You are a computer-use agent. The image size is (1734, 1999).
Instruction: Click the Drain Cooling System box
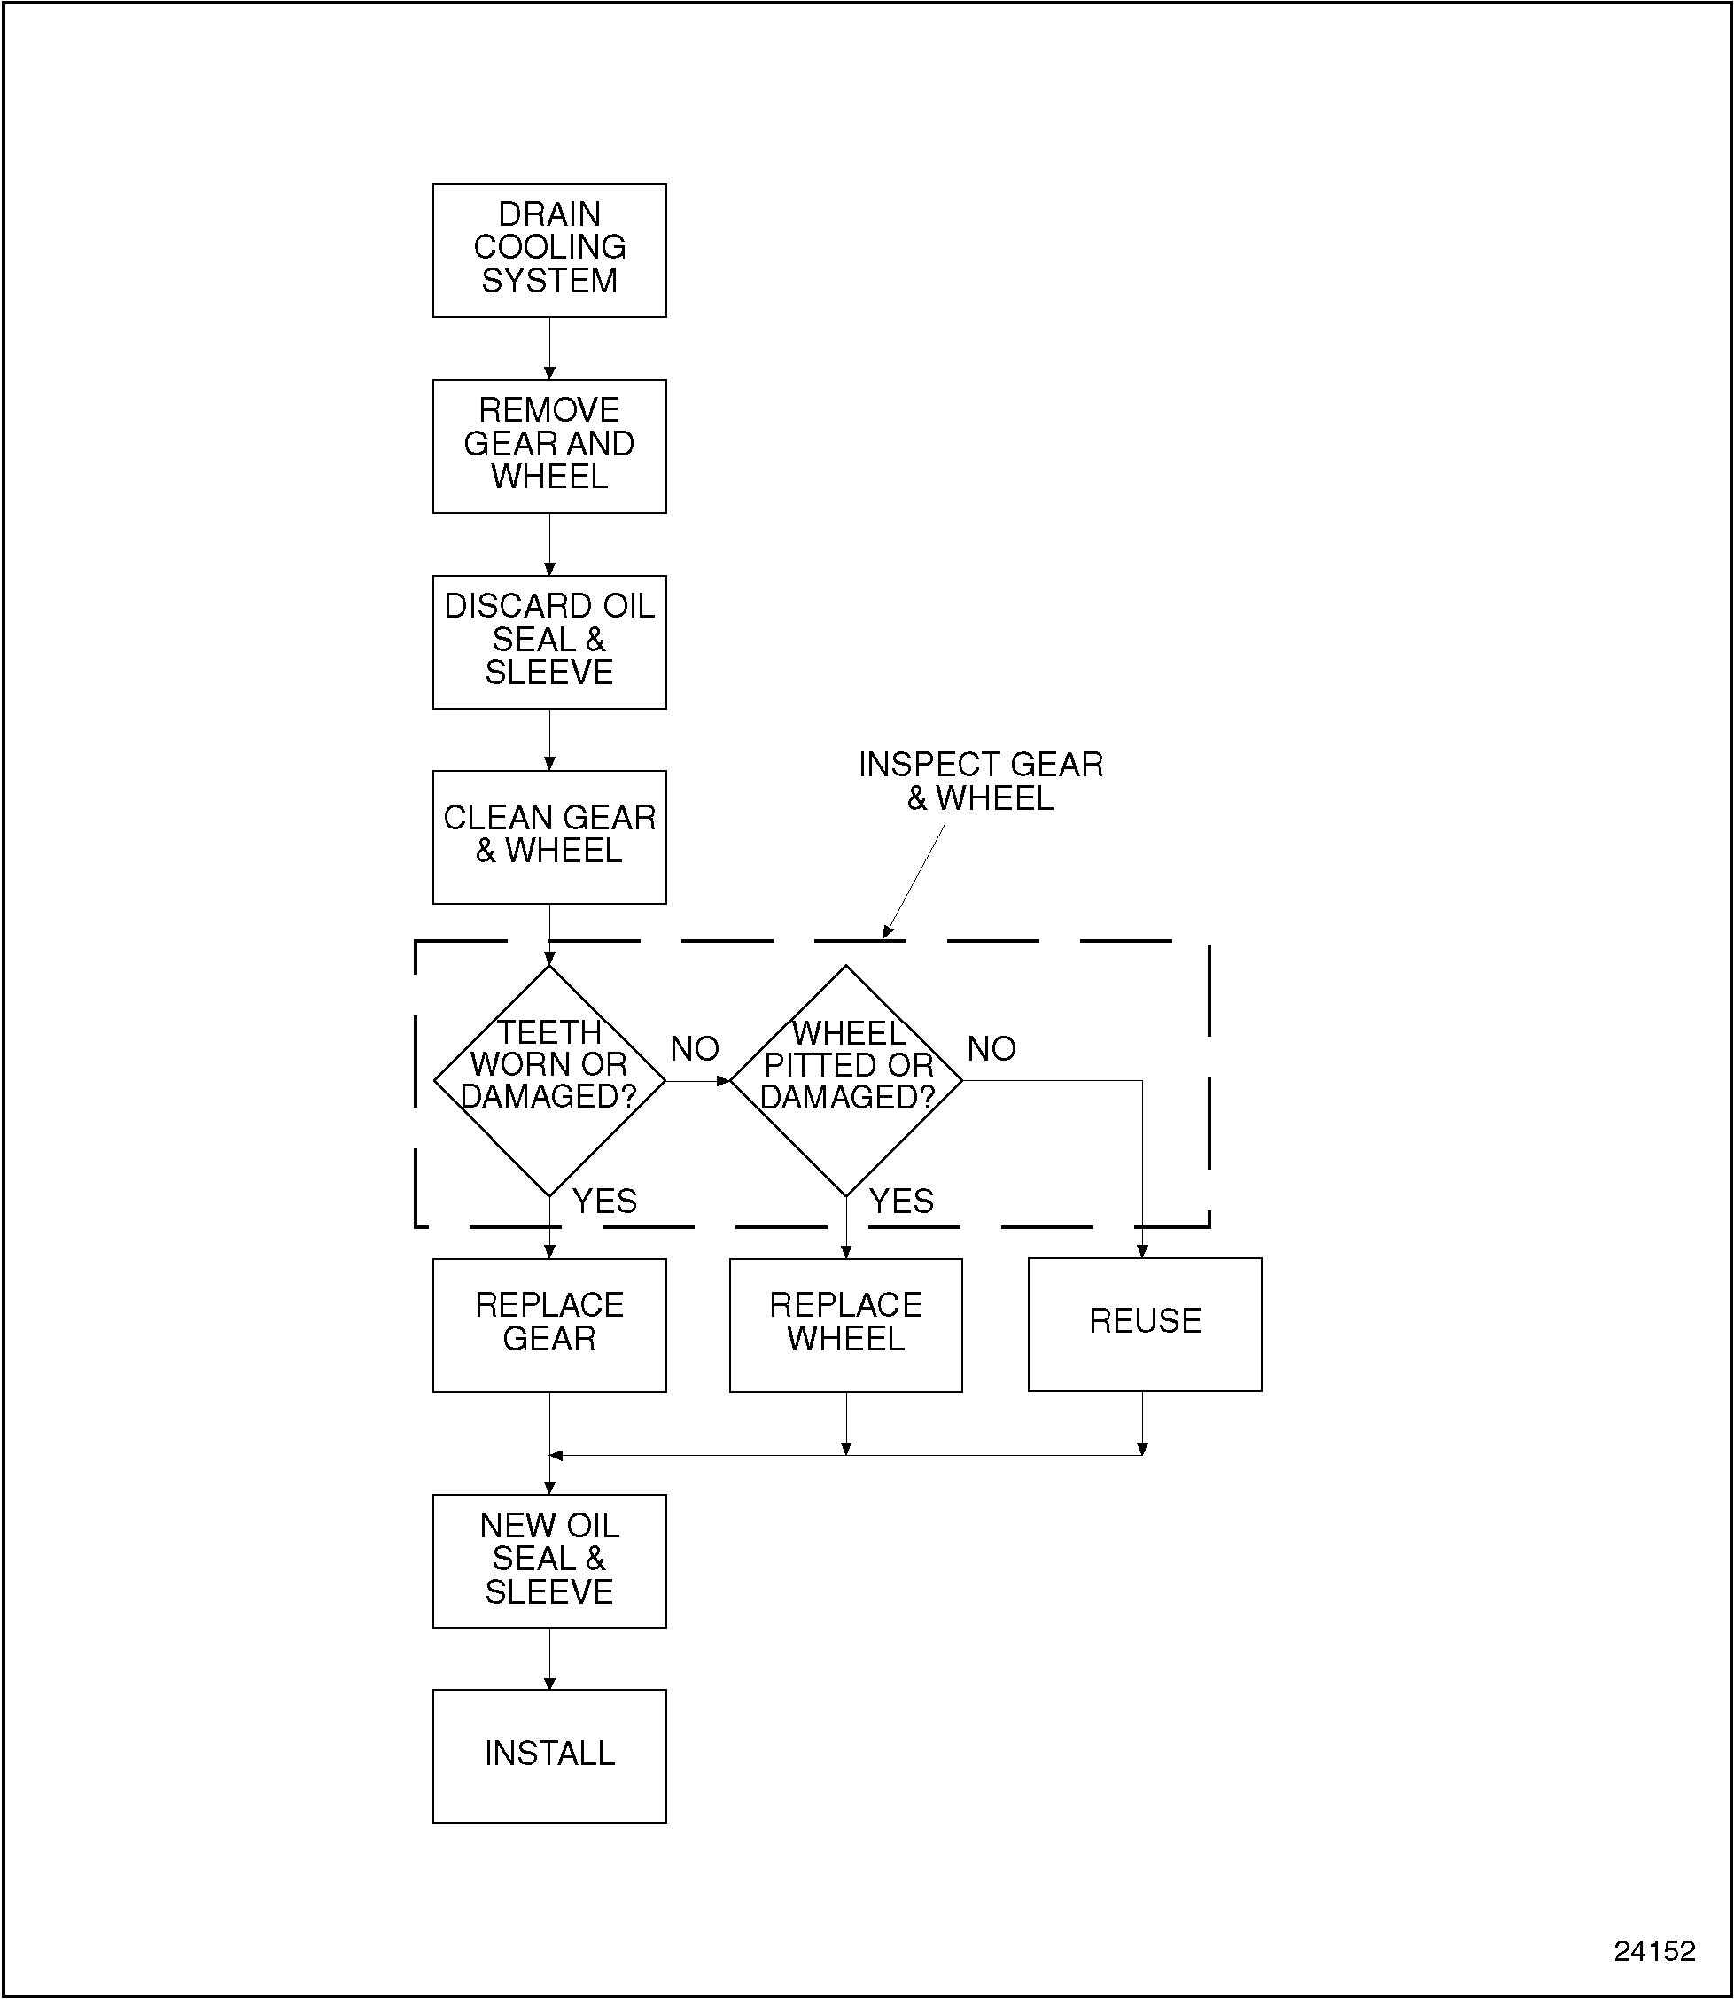[x=548, y=250]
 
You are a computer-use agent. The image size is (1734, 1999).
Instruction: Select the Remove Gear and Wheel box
[x=548, y=445]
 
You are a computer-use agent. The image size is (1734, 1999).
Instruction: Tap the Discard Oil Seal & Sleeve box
[x=548, y=641]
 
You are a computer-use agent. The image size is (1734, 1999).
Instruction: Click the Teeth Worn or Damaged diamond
[x=548, y=1080]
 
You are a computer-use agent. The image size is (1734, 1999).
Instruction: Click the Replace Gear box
[x=548, y=1324]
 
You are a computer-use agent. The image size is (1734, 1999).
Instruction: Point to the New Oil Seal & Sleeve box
[x=548, y=1560]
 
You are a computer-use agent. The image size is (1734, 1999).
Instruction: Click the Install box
[x=548, y=1755]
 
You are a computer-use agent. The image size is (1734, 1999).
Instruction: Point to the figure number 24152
[x=1653, y=1950]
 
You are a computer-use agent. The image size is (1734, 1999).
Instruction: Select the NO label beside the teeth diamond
[x=695, y=1049]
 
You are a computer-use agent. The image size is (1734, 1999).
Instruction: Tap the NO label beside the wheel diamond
[x=991, y=1049]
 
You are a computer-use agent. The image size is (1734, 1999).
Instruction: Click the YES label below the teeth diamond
[x=605, y=1201]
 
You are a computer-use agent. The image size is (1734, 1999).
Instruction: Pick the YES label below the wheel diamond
[x=902, y=1201]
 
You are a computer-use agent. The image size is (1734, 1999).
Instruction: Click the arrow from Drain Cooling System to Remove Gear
[x=549, y=348]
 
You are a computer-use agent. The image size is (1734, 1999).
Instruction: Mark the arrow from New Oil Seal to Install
[x=549, y=1659]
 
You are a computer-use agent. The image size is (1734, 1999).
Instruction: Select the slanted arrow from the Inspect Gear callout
[x=914, y=882]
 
